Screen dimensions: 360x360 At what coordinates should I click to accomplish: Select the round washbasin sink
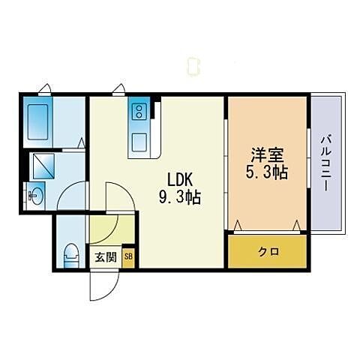pos(35,196)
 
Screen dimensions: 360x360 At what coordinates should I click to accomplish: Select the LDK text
pos(181,181)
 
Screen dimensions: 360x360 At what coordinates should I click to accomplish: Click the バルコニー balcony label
pos(328,162)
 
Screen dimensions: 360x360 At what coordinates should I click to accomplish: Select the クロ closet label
pos(268,252)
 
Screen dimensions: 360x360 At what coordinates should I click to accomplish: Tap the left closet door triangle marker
pos(238,225)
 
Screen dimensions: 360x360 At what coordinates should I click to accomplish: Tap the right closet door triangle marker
pos(298,225)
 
